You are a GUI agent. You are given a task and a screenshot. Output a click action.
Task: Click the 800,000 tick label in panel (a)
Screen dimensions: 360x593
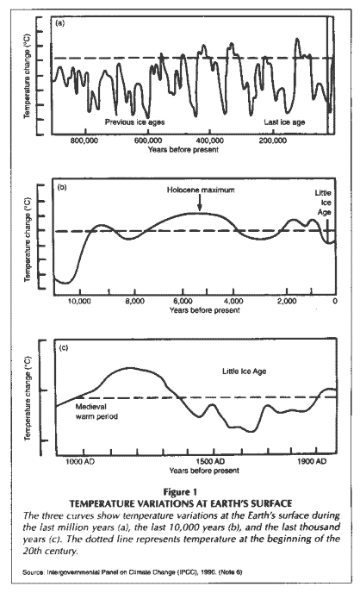(84, 140)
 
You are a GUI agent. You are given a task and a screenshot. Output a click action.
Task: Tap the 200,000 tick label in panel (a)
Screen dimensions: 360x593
(273, 140)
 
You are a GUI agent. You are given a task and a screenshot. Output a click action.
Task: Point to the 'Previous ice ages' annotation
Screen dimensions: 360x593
(134, 122)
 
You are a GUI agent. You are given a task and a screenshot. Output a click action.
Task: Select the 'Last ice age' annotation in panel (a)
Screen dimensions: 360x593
(284, 122)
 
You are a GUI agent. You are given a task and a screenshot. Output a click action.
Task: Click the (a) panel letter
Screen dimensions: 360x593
(59, 23)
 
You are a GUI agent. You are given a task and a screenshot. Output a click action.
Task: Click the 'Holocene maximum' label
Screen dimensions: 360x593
(201, 190)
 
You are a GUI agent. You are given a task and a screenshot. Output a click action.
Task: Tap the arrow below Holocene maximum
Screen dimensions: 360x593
(200, 203)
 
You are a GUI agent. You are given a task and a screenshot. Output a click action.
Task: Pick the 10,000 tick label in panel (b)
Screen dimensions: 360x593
(80, 301)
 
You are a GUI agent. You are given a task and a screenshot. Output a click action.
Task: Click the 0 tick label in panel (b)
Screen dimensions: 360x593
(335, 301)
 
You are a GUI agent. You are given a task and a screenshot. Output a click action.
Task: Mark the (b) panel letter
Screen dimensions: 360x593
(62, 187)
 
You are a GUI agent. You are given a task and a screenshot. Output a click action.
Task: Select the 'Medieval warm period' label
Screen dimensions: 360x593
(96, 411)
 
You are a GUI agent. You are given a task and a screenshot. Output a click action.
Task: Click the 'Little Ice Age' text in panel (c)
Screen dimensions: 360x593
(244, 371)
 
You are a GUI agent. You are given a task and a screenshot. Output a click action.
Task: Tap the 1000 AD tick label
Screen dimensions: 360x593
(80, 461)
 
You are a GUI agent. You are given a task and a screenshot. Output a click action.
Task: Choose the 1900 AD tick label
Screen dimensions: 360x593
(311, 461)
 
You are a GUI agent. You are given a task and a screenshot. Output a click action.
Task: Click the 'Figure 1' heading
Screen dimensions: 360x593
(180, 492)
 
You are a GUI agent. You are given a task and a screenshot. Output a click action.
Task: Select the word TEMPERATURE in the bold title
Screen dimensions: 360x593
(102, 503)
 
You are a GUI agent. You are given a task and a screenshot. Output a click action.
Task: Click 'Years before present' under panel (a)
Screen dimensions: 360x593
(183, 149)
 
